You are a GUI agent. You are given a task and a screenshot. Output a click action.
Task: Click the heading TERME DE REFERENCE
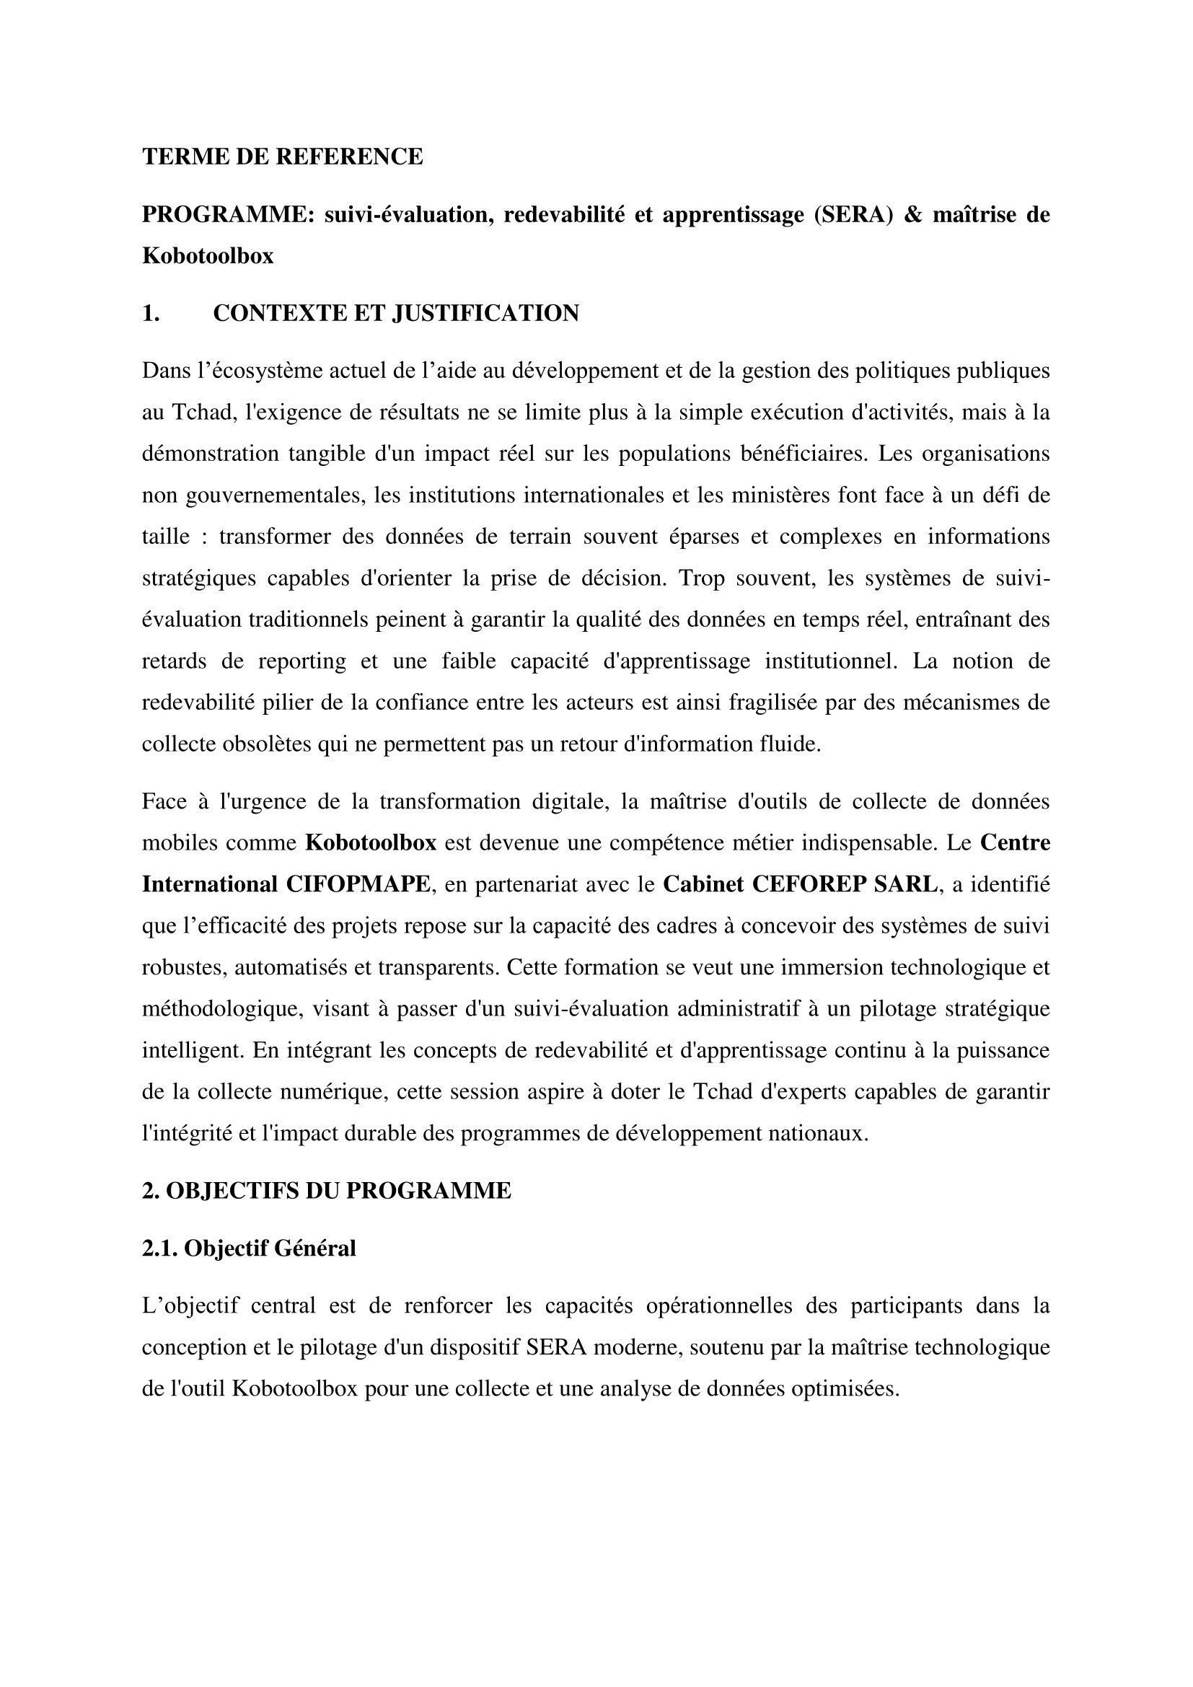coord(282,157)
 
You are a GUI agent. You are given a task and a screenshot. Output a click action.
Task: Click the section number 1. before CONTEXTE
coord(151,313)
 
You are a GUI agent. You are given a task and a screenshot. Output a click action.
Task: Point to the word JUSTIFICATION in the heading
coord(485,313)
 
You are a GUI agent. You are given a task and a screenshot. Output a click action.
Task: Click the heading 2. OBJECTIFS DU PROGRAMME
coord(326,1191)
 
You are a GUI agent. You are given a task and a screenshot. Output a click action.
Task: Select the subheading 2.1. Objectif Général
coord(248,1248)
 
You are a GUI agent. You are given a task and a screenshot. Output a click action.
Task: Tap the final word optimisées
coord(845,1388)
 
